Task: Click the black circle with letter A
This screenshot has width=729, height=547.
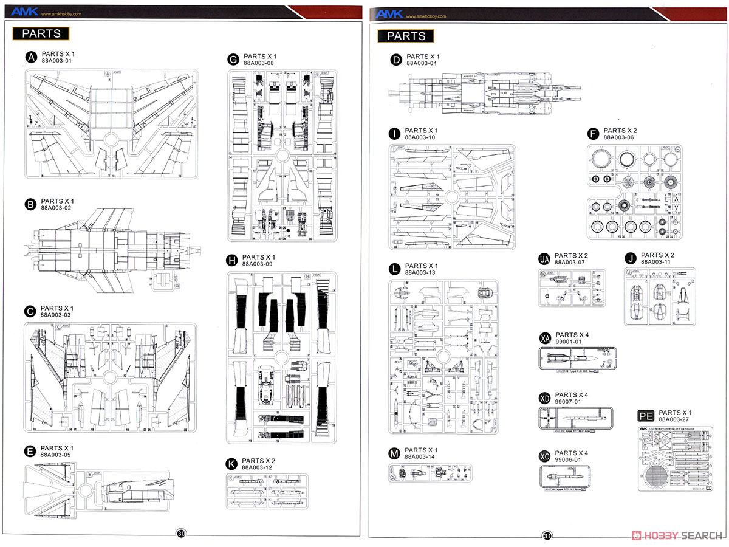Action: [x=31, y=58]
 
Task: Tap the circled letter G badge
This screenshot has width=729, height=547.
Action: [x=233, y=60]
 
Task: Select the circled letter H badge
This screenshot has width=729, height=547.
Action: [x=231, y=261]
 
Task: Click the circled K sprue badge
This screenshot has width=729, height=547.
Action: [x=231, y=464]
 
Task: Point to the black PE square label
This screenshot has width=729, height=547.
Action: [x=646, y=416]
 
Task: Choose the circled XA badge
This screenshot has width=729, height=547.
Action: [x=545, y=339]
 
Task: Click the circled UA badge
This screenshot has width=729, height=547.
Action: [x=544, y=260]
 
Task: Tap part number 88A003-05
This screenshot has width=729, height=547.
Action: [x=56, y=455]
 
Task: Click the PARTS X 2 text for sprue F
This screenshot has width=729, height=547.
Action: [x=620, y=131]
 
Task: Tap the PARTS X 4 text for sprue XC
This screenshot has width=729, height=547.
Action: [x=572, y=453]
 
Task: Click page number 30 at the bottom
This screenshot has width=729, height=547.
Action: [x=181, y=534]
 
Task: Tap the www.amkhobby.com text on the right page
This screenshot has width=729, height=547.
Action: [x=425, y=16]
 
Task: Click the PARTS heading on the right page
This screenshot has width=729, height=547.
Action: [x=406, y=36]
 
